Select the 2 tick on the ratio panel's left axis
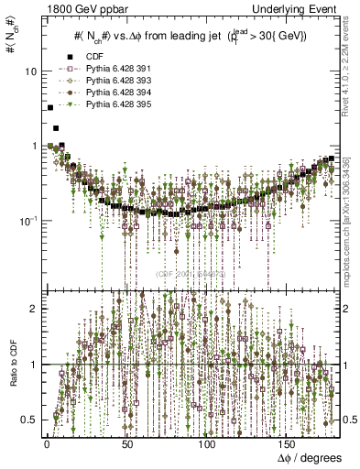(35, 309)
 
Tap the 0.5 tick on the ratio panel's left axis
(30, 420)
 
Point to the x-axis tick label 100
(208, 442)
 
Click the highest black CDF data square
(49, 107)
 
